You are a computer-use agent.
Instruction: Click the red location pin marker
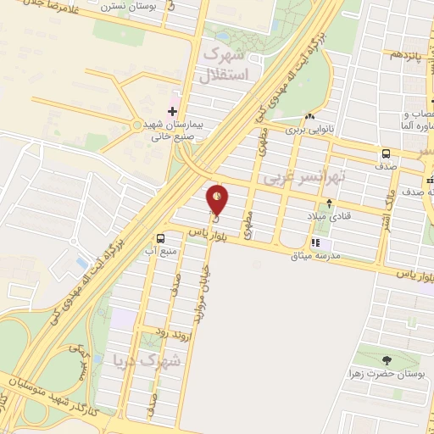(218, 198)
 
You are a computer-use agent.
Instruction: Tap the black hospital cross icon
(173, 111)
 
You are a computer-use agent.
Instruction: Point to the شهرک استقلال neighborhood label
(225, 64)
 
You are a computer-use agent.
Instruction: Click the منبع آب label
(161, 252)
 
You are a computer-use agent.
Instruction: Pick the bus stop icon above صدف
(387, 154)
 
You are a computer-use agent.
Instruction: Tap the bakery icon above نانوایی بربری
(310, 117)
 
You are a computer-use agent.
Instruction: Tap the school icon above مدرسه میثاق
(315, 243)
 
